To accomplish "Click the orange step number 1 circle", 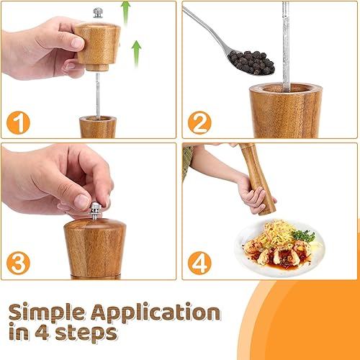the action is point(18,122).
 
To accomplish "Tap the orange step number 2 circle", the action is point(199,122).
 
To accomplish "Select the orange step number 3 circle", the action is point(18,263).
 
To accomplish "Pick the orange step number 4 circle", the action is point(199,263).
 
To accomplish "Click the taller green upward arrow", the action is point(125,13).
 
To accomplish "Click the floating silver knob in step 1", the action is point(98,13).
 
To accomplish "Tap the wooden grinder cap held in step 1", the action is point(97,46).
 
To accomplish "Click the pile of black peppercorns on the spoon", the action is point(251,63).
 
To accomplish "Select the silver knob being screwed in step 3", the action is point(95,211).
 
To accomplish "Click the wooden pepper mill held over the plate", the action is point(258,179).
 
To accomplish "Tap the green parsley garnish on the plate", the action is point(304,235).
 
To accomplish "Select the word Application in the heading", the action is point(156,312).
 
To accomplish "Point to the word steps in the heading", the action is point(86,334).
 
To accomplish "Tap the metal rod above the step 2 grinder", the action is point(286,46).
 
